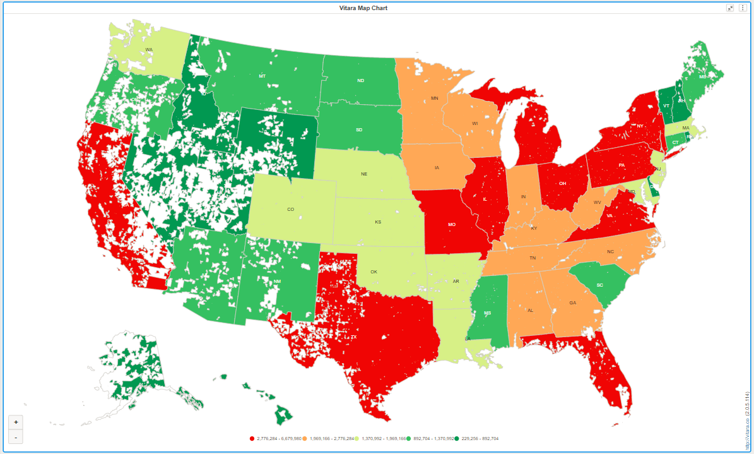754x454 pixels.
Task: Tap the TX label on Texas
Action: tap(354, 337)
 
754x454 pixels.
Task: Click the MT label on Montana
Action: tap(262, 76)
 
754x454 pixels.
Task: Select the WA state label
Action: tap(149, 49)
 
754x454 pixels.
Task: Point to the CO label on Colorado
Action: tap(290, 209)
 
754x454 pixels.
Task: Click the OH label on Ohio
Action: tap(562, 184)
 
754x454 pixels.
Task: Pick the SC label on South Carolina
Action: tap(599, 285)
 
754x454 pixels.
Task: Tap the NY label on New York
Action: tap(640, 126)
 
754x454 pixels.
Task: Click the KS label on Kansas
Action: tap(378, 222)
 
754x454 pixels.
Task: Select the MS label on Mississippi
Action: tap(487, 313)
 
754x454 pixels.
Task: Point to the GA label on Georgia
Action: tap(573, 303)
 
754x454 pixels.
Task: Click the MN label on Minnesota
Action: tap(434, 99)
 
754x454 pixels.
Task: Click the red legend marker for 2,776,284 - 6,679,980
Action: tap(252, 438)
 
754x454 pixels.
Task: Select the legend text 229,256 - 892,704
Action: tap(480, 438)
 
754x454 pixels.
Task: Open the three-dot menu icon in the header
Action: tap(743, 8)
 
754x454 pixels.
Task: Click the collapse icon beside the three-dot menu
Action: tap(730, 8)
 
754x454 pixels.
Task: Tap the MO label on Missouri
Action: tap(452, 224)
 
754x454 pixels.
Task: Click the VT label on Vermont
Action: tap(666, 106)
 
